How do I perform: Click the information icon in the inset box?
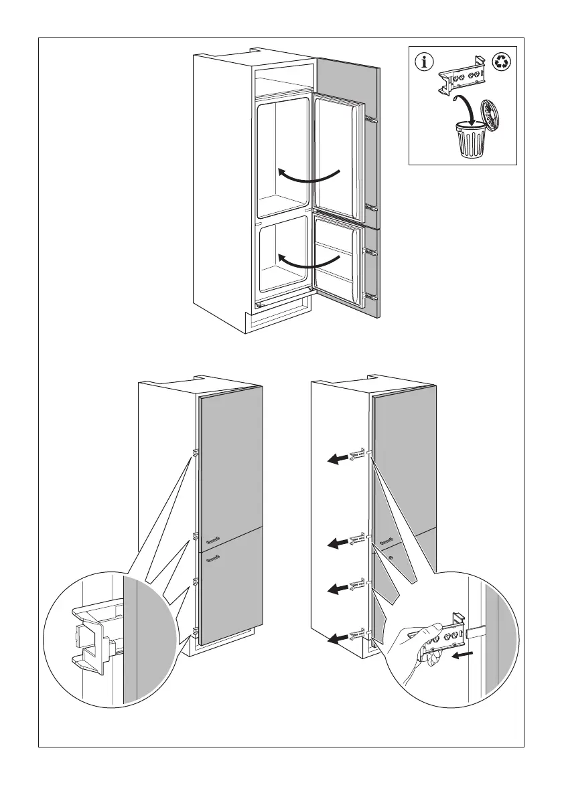pos(423,62)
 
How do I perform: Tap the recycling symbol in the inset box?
pos(502,62)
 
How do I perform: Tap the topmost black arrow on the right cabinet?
pos(338,458)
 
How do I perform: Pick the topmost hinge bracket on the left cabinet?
pos(195,453)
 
